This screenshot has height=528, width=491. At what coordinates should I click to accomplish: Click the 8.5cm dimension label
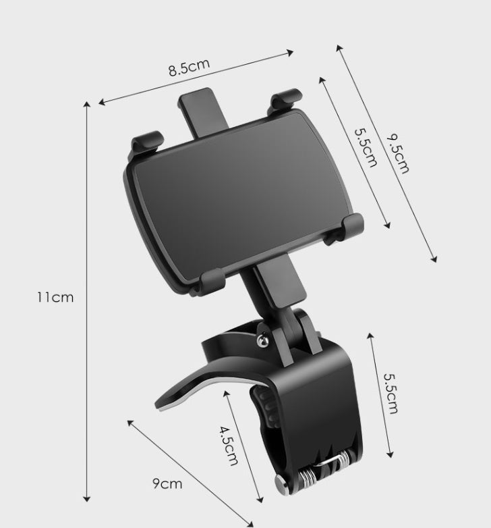coord(189,68)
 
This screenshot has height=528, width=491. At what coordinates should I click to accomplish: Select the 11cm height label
coord(55,296)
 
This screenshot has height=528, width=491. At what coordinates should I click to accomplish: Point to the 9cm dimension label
coord(167,483)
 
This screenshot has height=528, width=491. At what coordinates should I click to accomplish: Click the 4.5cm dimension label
coord(228,446)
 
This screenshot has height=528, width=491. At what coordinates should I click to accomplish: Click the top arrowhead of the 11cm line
coord(87,104)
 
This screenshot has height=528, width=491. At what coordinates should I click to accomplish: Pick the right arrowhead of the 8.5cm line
coord(293,51)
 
